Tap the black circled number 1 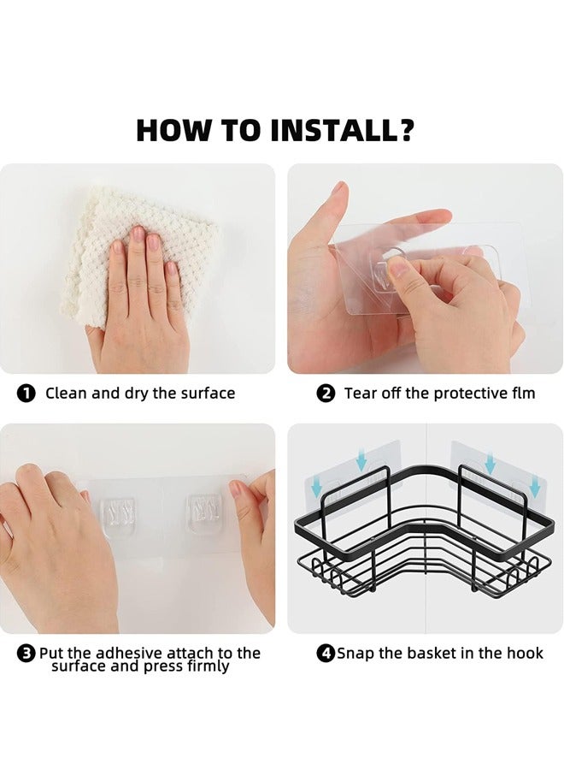point(26,394)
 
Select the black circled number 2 point(326,394)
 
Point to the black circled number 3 point(26,654)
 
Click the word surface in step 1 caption point(208,394)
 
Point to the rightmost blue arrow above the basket point(535,485)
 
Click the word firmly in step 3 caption point(209,666)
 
